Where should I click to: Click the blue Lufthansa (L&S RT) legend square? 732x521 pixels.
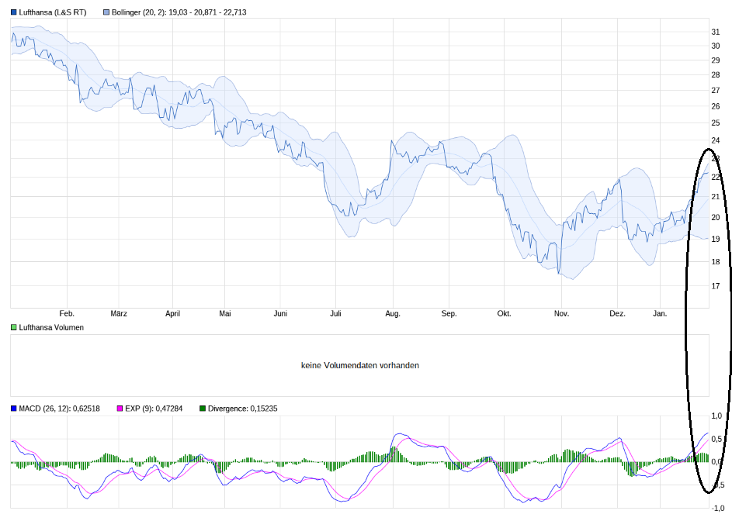[14, 12]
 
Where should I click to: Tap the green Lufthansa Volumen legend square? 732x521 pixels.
[14, 328]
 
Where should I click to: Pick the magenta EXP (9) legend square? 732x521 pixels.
[120, 409]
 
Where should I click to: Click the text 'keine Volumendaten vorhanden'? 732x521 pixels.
[360, 365]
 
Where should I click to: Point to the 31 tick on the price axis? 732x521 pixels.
[716, 32]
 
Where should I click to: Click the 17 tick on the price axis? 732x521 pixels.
[716, 286]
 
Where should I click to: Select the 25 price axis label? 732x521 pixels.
[716, 123]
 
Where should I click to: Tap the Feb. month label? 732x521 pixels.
[67, 314]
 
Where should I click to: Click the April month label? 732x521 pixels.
[172, 314]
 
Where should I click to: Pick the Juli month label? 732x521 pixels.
[335, 314]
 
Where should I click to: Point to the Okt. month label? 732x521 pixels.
[504, 314]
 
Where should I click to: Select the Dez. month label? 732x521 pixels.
[617, 314]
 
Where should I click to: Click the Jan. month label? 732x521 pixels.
[660, 314]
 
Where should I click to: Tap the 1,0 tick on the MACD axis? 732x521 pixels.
[717, 416]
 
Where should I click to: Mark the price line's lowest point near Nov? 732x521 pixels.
[558, 273]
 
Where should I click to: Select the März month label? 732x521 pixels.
[119, 314]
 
